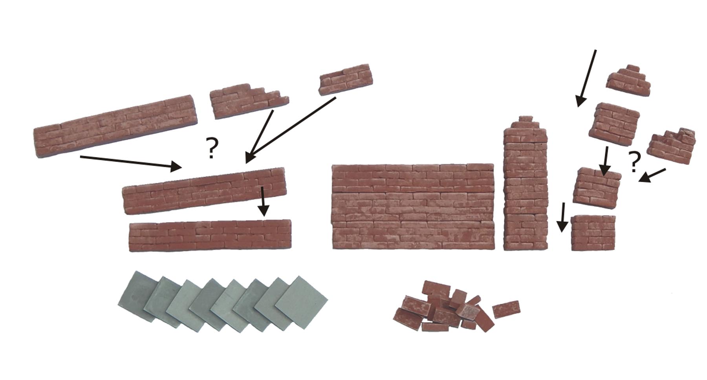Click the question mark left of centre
tap(211, 148)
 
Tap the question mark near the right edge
tap(633, 161)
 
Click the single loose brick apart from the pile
tap(506, 309)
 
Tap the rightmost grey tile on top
tap(301, 301)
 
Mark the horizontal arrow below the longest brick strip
tap(131, 162)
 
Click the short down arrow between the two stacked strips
tap(264, 201)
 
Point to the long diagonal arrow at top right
tap(586, 78)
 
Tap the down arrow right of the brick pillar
tap(563, 217)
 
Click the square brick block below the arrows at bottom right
tap(593, 233)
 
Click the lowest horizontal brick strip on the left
tap(211, 235)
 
